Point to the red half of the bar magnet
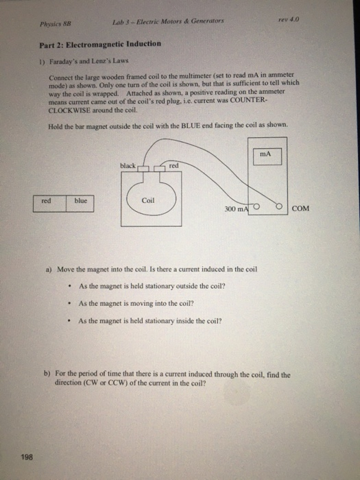47,201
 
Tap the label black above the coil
128,166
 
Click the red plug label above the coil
173,166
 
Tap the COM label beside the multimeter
301,208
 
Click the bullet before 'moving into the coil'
70,303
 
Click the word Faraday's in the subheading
70,60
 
